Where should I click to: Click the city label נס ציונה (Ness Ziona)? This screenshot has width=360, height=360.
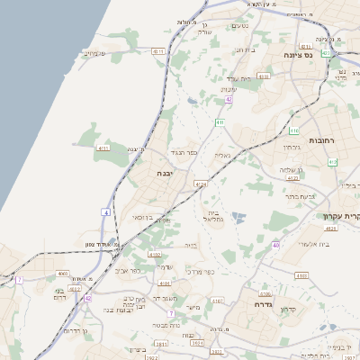320,55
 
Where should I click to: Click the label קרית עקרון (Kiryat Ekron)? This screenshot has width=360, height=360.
342,216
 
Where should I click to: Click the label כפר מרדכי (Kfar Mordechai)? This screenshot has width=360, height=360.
199,270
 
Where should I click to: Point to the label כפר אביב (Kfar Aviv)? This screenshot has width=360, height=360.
129,270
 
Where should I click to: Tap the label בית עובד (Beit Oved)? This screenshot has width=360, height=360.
238,78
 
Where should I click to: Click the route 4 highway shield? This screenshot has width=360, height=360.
106,211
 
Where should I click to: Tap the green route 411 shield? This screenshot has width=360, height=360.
220,121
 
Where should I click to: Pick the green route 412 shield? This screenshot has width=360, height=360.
332,162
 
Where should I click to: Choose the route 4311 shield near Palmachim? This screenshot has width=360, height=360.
159,53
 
